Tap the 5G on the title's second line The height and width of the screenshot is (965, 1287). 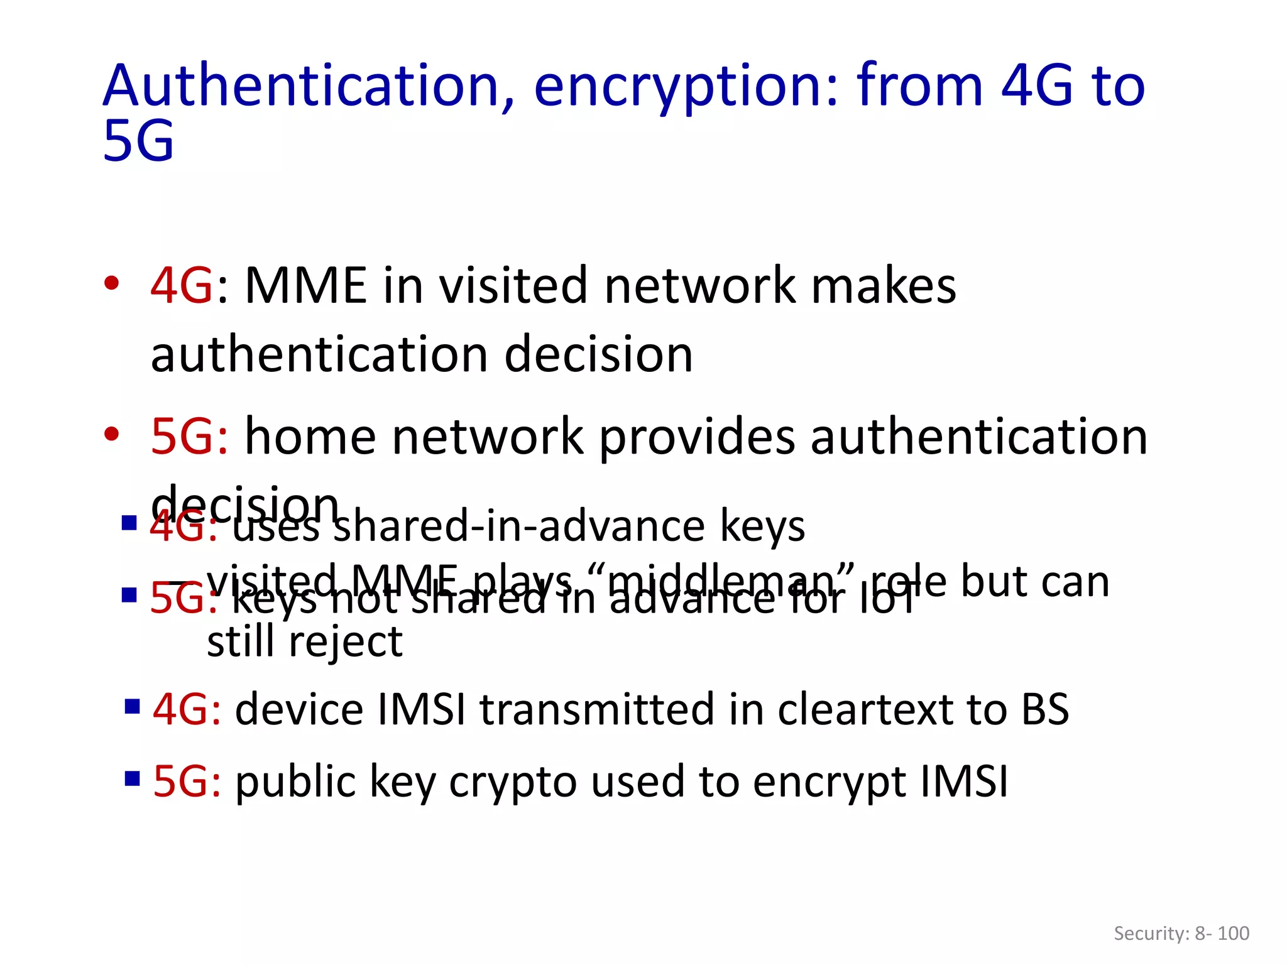tap(138, 141)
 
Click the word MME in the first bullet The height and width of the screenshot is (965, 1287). tap(305, 286)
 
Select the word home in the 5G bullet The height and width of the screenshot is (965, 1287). tap(310, 437)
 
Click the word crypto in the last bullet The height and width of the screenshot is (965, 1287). tap(513, 783)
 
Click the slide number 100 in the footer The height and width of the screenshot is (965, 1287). tap(1233, 934)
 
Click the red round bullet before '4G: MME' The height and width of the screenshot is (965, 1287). tap(112, 284)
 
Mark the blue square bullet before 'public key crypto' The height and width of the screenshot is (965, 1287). tap(132, 779)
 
